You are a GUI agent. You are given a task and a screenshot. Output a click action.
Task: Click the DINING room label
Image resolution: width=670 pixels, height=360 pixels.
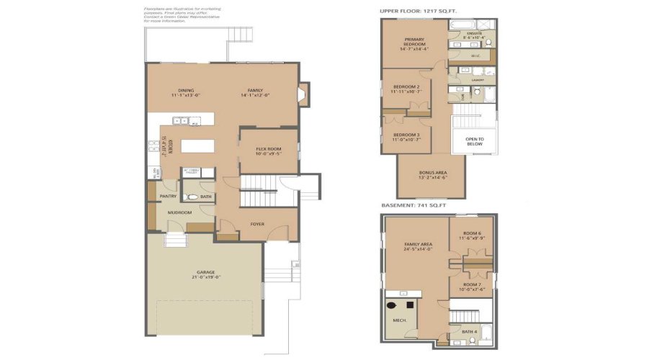point(186,91)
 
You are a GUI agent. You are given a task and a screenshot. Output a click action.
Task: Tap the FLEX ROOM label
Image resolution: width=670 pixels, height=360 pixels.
point(268,149)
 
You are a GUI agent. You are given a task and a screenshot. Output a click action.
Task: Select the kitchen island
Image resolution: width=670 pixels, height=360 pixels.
point(197,146)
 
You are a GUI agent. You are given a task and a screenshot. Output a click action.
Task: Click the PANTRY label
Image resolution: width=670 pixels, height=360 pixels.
point(168,196)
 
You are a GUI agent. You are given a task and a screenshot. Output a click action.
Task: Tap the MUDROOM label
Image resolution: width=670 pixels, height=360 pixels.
point(179,213)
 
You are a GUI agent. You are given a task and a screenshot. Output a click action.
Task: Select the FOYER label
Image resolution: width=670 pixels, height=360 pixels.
point(257,224)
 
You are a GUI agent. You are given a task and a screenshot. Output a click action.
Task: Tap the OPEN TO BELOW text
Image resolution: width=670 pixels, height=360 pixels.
point(474,141)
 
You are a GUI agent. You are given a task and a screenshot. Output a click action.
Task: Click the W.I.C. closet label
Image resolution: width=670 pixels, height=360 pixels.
point(475,55)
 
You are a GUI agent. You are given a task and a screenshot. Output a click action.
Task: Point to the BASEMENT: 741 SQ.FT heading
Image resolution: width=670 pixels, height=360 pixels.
point(414,206)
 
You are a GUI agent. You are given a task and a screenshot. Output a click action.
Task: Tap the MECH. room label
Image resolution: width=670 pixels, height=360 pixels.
point(400,320)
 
